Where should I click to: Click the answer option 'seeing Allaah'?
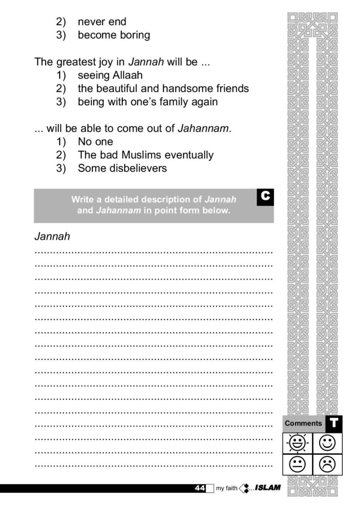tap(110, 75)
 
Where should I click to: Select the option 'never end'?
tap(102, 22)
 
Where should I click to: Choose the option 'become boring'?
tap(114, 35)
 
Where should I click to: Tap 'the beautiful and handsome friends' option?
tap(163, 88)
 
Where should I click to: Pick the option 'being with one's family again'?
tap(148, 102)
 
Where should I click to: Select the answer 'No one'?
tap(95, 142)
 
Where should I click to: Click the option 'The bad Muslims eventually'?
tap(146, 155)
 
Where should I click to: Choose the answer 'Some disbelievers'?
tap(122, 168)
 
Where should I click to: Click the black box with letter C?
tap(265, 197)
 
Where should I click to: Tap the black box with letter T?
tap(334, 424)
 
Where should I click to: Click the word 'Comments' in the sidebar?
tap(303, 424)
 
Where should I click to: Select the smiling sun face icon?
tap(297, 443)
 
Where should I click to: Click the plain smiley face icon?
tap(327, 443)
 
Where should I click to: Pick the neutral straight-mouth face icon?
tap(297, 464)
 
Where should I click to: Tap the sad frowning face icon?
tap(327, 464)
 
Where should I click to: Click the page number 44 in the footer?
tap(200, 488)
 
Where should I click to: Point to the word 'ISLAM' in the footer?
tap(268, 488)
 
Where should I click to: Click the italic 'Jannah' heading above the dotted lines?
tap(52, 236)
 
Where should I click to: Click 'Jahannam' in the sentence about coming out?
tap(203, 128)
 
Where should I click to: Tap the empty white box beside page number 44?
tap(210, 488)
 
